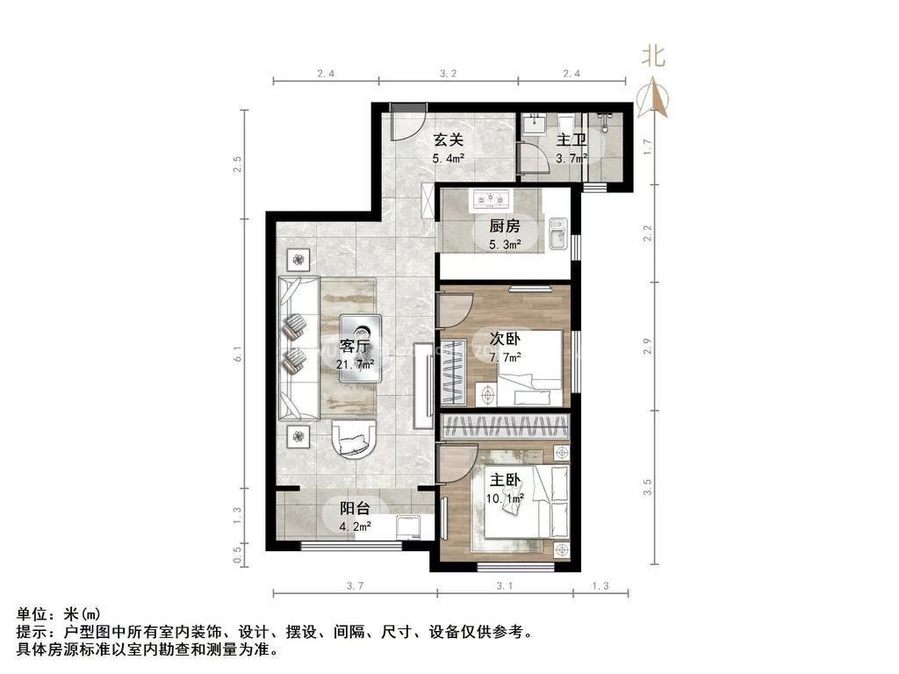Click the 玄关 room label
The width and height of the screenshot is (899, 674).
448,139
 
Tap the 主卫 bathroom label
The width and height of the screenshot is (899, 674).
572,140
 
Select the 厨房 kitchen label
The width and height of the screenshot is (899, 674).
505,225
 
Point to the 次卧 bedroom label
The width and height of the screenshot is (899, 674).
505,338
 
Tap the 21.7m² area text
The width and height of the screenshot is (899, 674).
356,362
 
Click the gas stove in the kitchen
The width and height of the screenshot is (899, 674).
492,199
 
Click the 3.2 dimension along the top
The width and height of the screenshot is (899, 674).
448,74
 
